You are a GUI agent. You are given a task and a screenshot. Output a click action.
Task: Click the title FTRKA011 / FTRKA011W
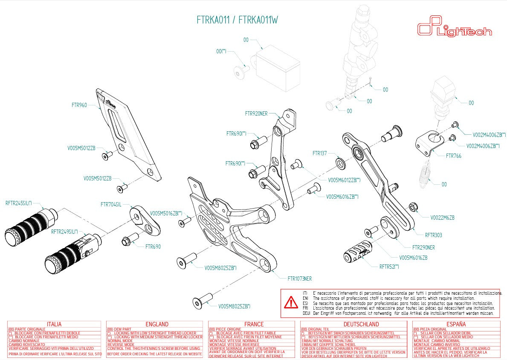238,20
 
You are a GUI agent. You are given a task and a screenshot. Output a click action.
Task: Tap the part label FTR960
79,105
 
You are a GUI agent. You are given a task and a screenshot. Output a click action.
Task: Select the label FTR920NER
256,113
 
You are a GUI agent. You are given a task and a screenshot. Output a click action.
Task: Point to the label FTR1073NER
299,279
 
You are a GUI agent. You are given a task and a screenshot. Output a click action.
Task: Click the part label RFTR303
434,235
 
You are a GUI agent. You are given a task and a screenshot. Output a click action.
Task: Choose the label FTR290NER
423,247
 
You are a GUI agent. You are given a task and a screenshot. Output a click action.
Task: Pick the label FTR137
319,153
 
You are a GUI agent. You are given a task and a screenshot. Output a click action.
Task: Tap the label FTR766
453,156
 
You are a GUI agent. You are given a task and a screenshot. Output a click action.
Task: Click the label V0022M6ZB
442,218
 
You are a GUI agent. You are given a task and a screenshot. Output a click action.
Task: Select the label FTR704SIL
111,204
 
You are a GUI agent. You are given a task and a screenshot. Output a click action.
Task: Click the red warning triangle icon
291,303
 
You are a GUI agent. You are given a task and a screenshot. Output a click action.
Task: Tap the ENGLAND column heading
156,324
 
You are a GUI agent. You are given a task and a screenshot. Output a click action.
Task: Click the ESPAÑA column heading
456,324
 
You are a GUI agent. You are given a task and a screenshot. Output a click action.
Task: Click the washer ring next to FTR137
341,163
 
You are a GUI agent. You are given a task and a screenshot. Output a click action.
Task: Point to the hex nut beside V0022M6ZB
413,208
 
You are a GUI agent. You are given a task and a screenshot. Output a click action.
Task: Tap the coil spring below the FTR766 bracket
425,173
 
